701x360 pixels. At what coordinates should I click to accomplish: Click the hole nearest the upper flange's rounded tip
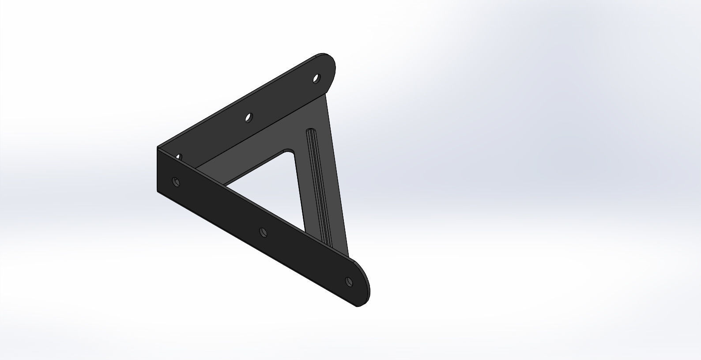(316, 79)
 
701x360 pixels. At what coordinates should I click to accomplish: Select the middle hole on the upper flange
(249, 117)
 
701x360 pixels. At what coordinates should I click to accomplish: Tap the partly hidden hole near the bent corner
(179, 156)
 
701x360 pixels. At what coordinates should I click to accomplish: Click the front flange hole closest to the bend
(176, 182)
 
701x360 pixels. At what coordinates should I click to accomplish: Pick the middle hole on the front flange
(263, 231)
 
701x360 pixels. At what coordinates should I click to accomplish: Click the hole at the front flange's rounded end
(349, 281)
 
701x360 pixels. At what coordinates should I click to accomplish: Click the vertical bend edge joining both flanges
(158, 170)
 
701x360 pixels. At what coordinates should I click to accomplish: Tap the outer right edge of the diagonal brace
(338, 177)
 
